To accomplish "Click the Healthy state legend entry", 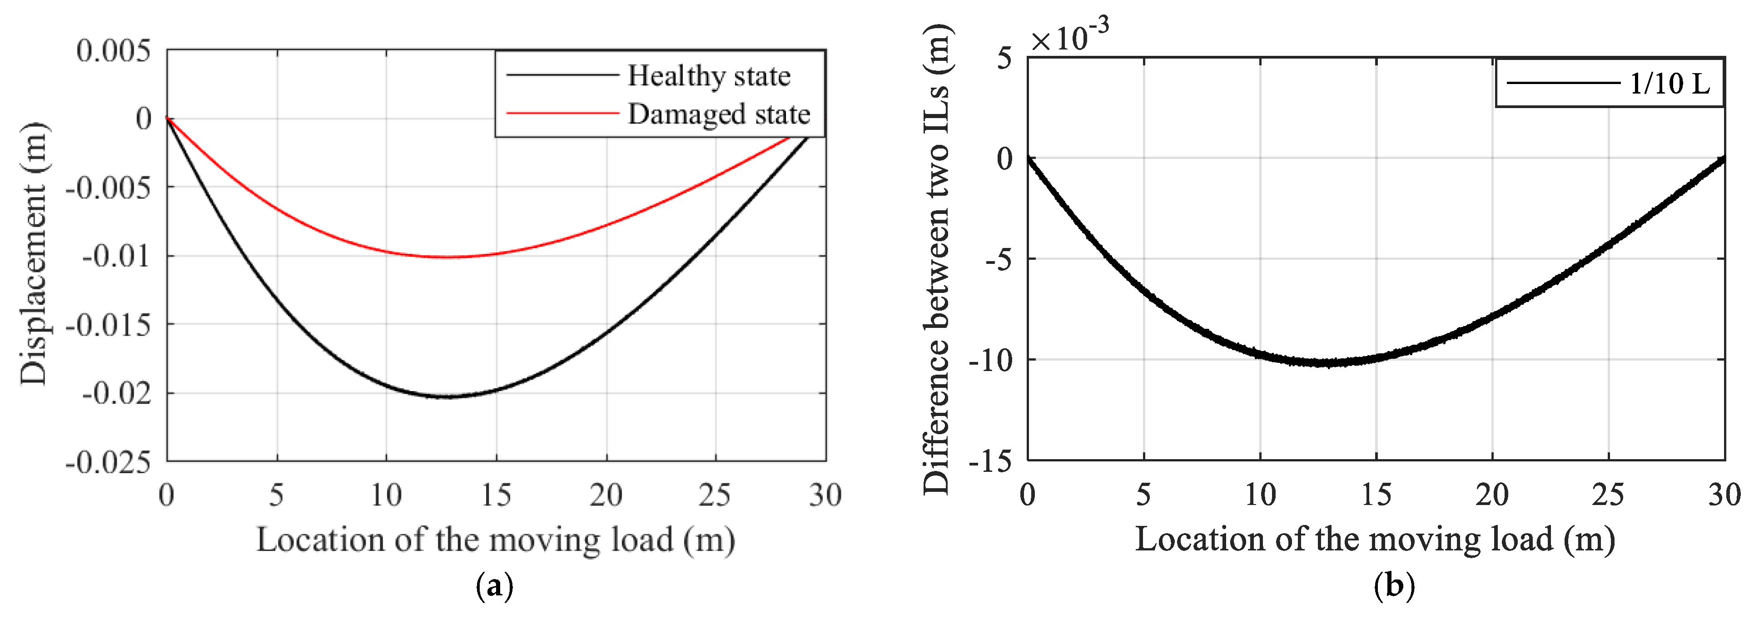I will pos(708,76).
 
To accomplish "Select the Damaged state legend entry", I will pos(718,114).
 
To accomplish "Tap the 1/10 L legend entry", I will pos(1670,84).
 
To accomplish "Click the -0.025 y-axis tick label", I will pos(108,462).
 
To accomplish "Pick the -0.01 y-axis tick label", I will pos(116,257).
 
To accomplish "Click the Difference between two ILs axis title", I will pos(936,259).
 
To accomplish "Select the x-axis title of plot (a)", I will pos(496,540).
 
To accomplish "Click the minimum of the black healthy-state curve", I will pos(447,396).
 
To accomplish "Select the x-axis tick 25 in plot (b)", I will pos(1608,495).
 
